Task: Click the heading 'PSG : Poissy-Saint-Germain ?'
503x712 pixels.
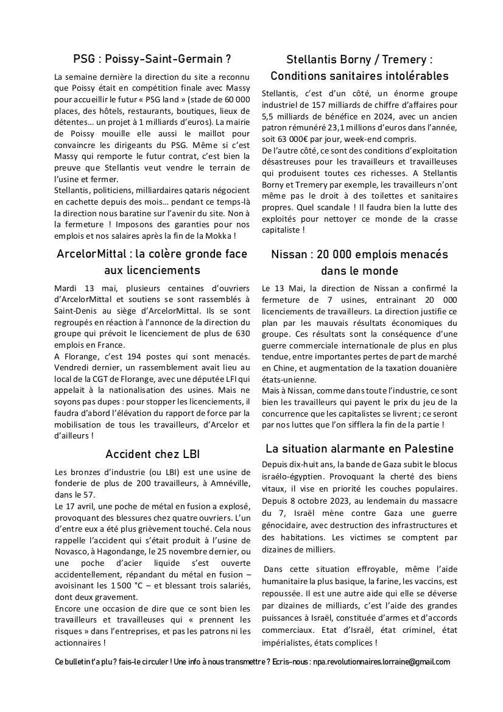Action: (x=152, y=59)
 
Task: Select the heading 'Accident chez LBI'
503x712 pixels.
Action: (x=152, y=454)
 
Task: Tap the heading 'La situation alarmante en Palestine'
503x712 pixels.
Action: (x=359, y=449)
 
